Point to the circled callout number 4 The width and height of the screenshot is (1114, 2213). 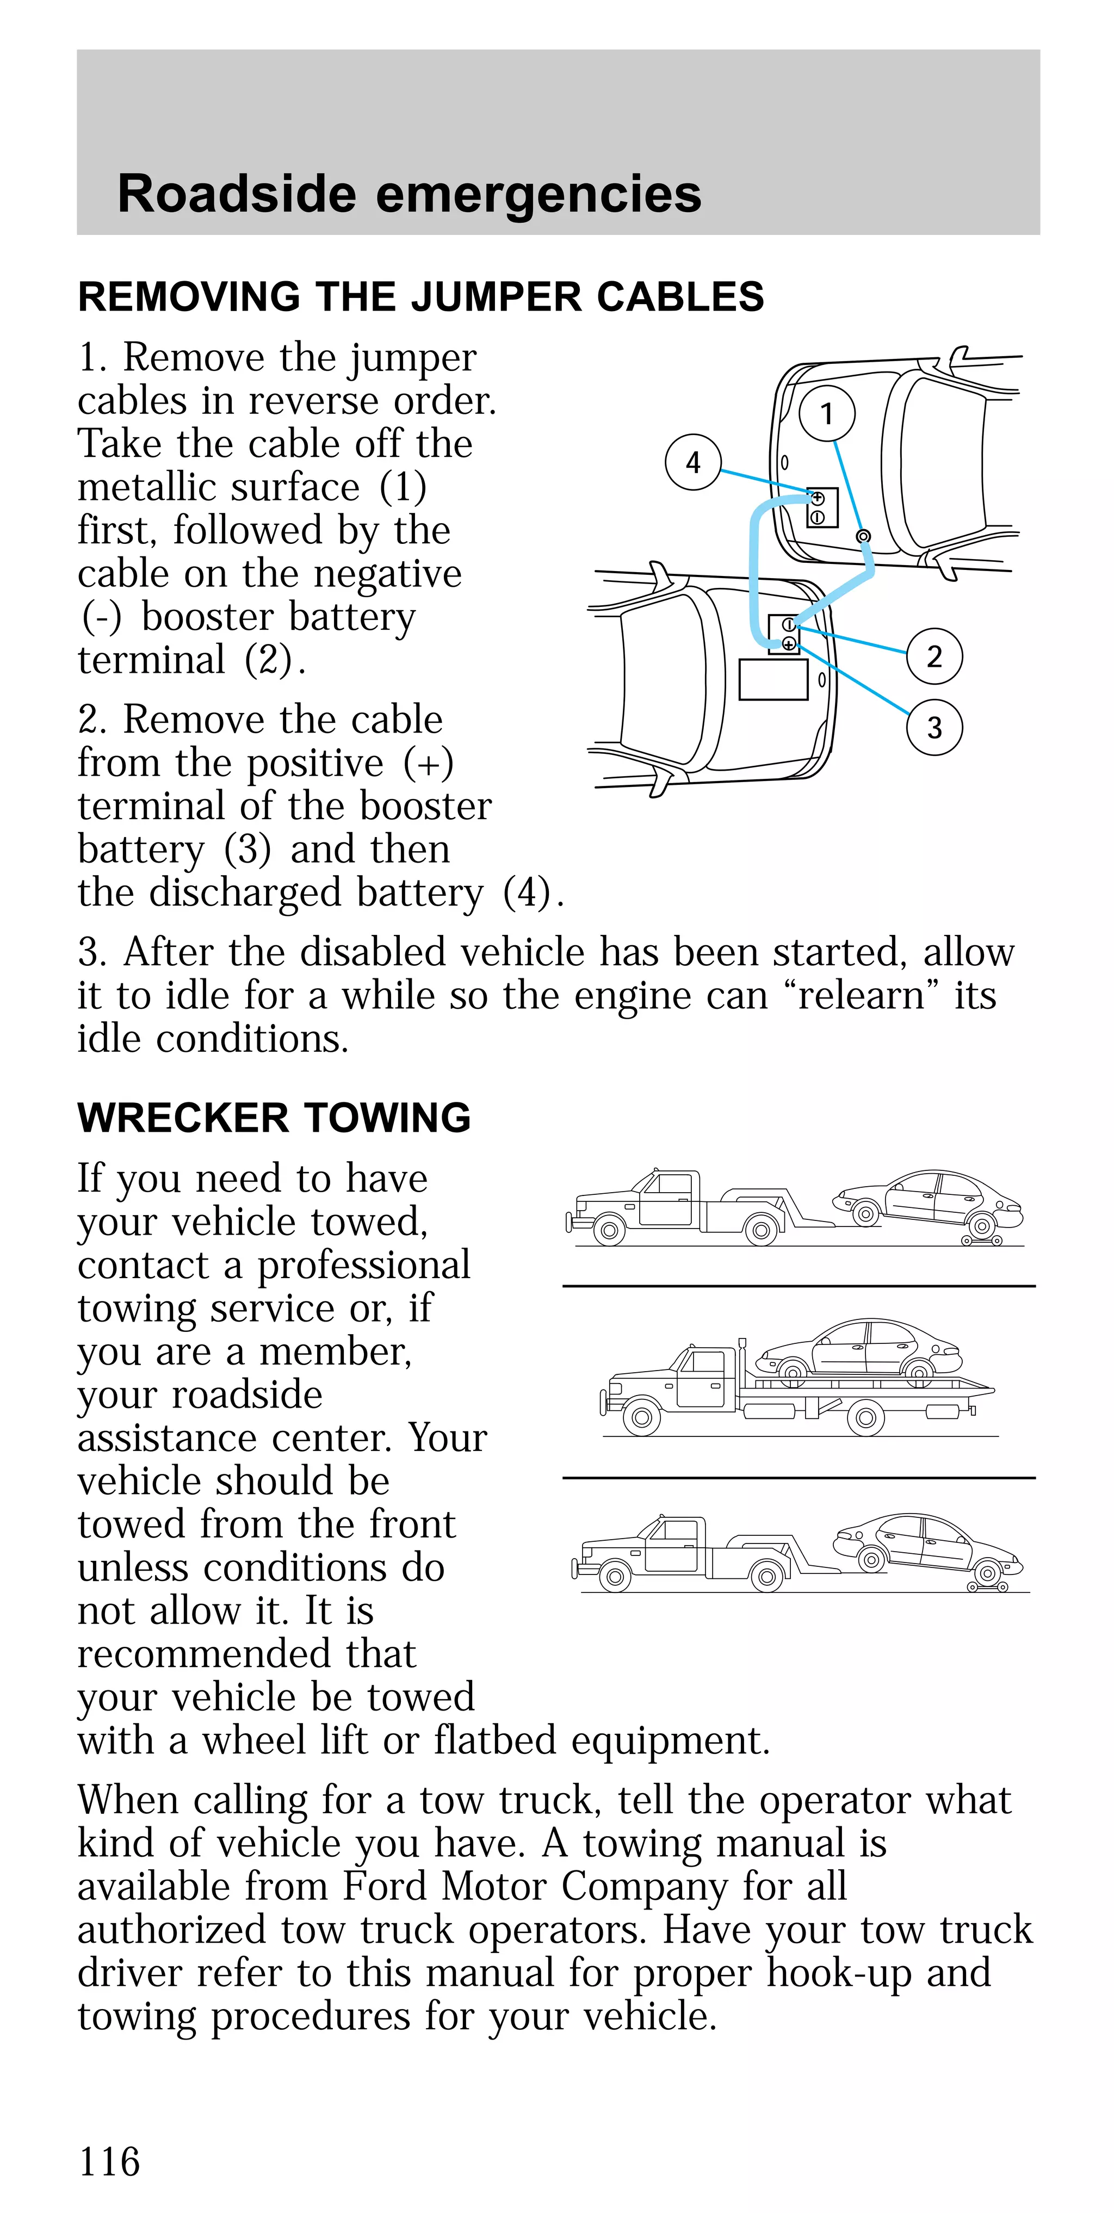pyautogui.click(x=692, y=462)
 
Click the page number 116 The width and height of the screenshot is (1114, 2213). pyautogui.click(x=109, y=2161)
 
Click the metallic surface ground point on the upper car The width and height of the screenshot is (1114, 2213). pyautogui.click(x=864, y=536)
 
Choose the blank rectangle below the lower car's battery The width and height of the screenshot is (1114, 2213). pyautogui.click(x=773, y=679)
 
